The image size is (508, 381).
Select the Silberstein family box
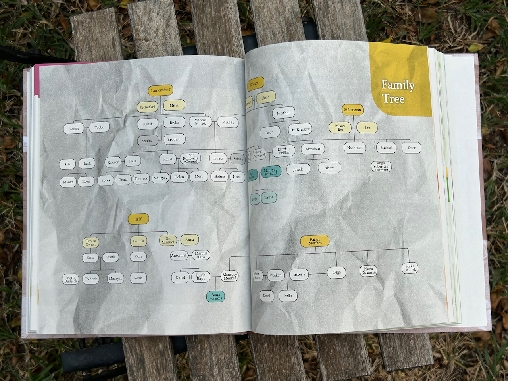pyautogui.click(x=352, y=110)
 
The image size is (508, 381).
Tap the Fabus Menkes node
pyautogui.click(x=315, y=241)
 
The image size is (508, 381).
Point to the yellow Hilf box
pyautogui.click(x=138, y=219)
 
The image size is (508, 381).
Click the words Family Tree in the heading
pyautogui.click(x=398, y=92)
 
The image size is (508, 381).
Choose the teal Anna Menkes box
pyautogui.click(x=216, y=296)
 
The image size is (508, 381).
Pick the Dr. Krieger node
pyautogui.click(x=300, y=129)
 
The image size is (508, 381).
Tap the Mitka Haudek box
pyautogui.click(x=410, y=268)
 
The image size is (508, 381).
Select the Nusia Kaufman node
pyautogui.click(x=369, y=271)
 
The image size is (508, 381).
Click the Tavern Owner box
pyautogui.click(x=91, y=242)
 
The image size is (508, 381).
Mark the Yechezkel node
pyautogui.click(x=148, y=107)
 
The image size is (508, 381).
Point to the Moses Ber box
pyautogui.click(x=340, y=127)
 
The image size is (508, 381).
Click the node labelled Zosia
pyautogui.click(x=86, y=181)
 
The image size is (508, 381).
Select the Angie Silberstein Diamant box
pyautogui.click(x=381, y=166)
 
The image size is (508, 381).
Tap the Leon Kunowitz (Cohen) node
pyautogui.click(x=190, y=158)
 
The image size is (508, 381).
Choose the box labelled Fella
pyautogui.click(x=288, y=296)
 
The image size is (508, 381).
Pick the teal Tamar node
pyautogui.click(x=269, y=197)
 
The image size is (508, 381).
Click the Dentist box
pyautogui.click(x=139, y=241)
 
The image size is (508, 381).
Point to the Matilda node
pyautogui.click(x=228, y=123)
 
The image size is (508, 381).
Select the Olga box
pyautogui.click(x=337, y=273)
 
